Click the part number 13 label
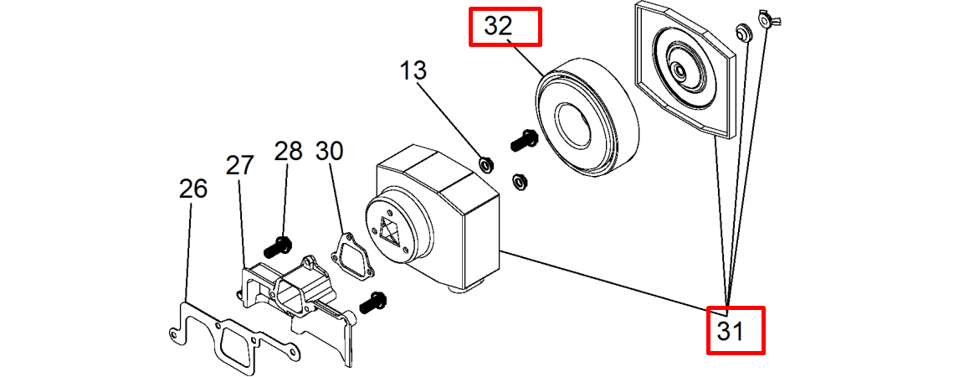coord(413,71)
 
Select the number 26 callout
coord(192,190)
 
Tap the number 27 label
coord(239,166)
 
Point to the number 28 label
coord(288,152)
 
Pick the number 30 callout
coord(329,152)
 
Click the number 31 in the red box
coord(731,332)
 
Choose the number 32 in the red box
coord(498,27)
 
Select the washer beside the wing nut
coord(741,33)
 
